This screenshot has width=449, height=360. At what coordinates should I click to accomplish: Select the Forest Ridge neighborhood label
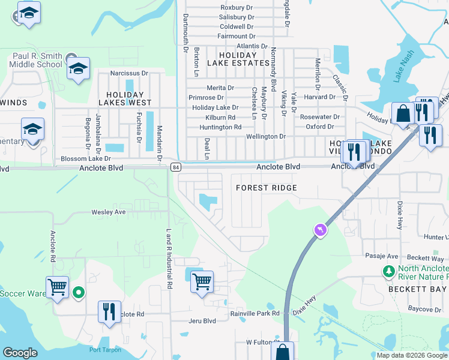tap(267, 188)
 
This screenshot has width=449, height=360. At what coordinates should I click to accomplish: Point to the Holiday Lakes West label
tap(125, 99)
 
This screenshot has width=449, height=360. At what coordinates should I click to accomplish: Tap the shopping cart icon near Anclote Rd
tap(58, 287)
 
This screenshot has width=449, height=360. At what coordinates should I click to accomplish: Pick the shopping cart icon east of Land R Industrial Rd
tap(202, 280)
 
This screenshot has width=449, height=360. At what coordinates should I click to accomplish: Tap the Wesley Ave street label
tap(109, 212)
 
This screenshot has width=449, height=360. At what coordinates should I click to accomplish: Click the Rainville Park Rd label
tap(255, 313)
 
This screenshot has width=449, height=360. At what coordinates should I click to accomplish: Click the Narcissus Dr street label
tap(128, 73)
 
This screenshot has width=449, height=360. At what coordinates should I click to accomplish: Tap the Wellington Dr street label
tap(265, 137)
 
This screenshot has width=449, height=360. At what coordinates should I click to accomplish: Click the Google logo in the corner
tap(20, 353)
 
